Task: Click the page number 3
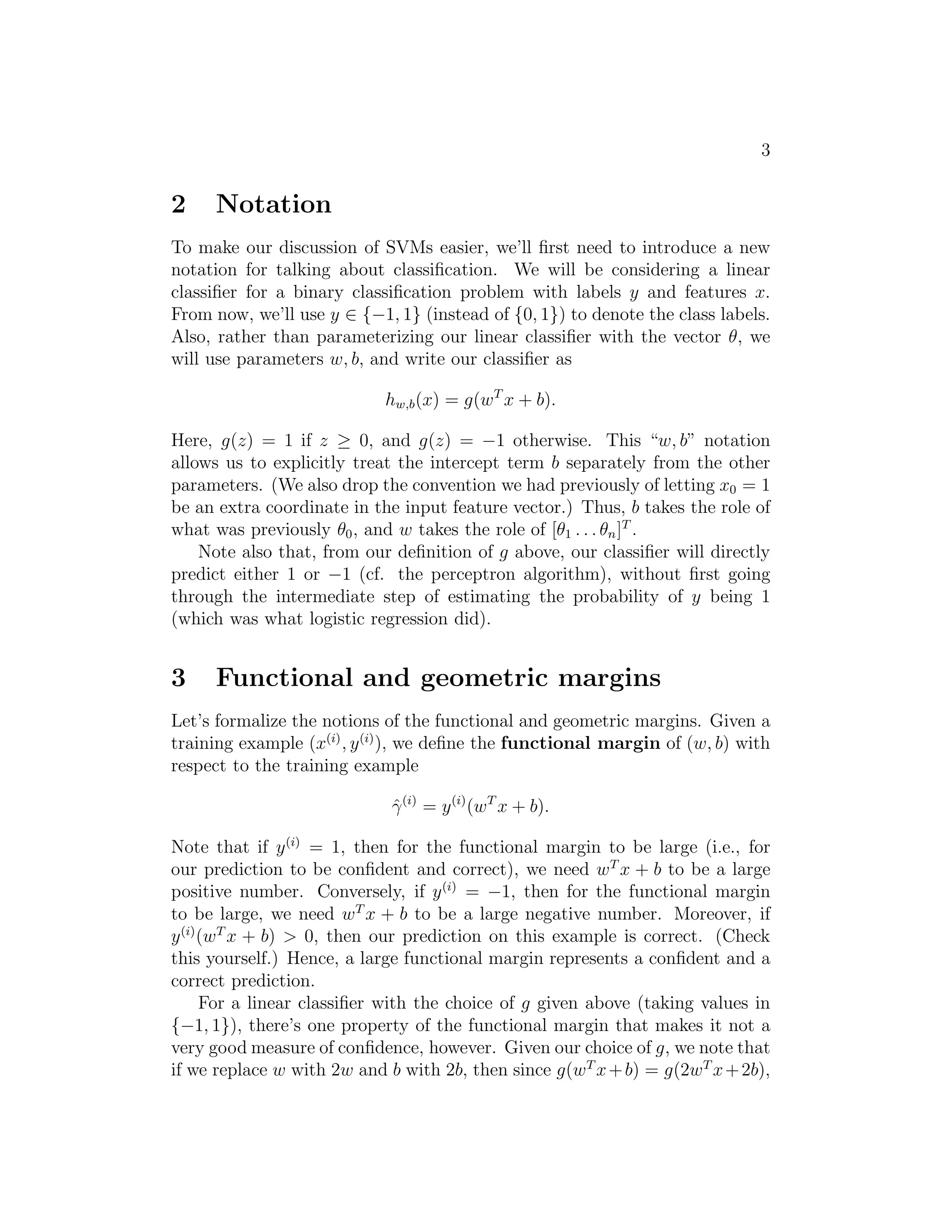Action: point(766,150)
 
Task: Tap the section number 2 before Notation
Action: point(178,204)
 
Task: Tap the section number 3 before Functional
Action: point(178,678)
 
